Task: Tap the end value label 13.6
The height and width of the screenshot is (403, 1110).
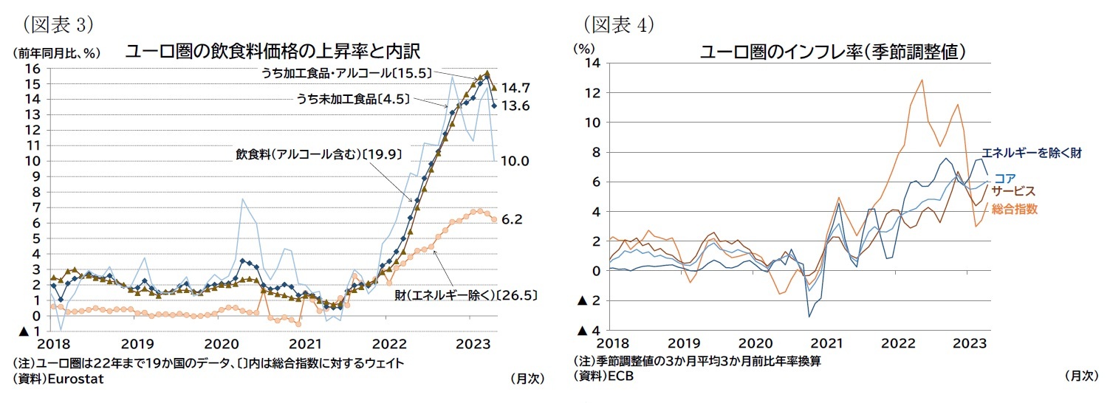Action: (x=516, y=106)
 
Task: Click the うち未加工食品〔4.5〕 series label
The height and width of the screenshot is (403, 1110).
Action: (x=353, y=98)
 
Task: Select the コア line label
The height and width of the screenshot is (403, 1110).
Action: (x=1004, y=177)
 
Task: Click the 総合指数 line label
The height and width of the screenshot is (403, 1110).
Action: (x=1016, y=209)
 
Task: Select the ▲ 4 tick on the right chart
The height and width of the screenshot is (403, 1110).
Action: (x=588, y=330)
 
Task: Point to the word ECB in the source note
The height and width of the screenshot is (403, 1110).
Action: (x=620, y=376)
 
